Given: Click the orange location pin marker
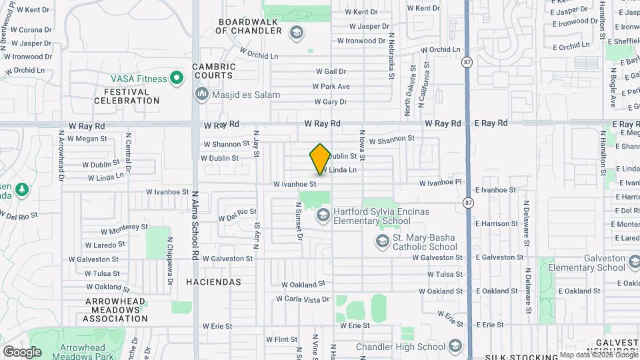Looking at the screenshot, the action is tap(320, 159).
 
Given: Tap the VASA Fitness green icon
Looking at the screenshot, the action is tap(177, 79).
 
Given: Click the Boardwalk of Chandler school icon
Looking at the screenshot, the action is tap(295, 32).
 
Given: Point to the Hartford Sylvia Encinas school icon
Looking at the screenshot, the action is tap(323, 215).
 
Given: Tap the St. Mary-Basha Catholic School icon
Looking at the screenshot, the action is tap(383, 241).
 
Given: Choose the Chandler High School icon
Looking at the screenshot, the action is tap(455, 346).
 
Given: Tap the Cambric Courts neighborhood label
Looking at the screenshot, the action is tap(214, 71).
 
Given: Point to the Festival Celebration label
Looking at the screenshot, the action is tap(127, 96).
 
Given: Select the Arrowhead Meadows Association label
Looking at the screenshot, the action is tap(106, 310).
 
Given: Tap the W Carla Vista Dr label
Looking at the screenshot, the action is tap(305, 299).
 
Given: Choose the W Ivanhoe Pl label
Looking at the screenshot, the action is tap(440, 182).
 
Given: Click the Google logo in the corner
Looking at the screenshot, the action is tap(23, 351).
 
